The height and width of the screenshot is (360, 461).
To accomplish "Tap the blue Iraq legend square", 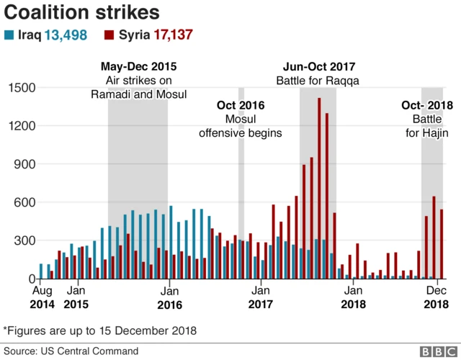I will [x=9, y=35].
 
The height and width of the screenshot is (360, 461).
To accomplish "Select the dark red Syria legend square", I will [x=109, y=35].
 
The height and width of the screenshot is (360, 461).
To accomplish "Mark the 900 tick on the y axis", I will [x=26, y=164].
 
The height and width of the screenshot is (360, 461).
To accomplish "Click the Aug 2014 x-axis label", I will [x=42, y=298].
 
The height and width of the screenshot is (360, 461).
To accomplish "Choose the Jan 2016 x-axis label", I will [x=169, y=298].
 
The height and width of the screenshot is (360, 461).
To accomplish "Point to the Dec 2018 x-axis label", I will [x=434, y=298].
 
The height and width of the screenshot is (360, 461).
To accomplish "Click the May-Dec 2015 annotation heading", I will [x=138, y=67].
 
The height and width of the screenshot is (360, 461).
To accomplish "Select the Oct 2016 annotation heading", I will [x=241, y=106].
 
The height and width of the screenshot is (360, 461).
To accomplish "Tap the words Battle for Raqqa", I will [x=318, y=81].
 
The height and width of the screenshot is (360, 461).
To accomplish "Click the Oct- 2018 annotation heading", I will [x=427, y=106].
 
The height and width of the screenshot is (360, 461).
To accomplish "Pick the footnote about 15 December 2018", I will [x=100, y=330].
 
